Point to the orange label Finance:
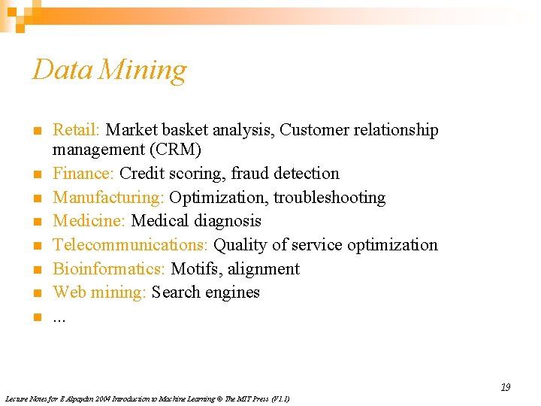pyautogui.click(x=83, y=174)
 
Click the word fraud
pyautogui.click(x=252, y=174)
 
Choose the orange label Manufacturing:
pyautogui.click(x=108, y=198)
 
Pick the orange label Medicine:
pyautogui.click(x=89, y=221)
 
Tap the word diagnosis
pyautogui.click(x=228, y=221)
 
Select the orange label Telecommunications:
pyautogui.click(x=131, y=245)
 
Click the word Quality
pyautogui.click(x=237, y=245)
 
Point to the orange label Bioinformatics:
pyautogui.click(x=110, y=269)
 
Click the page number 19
pyautogui.click(x=506, y=387)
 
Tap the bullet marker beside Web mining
pyautogui.click(x=36, y=293)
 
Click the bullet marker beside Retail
pyautogui.click(x=36, y=131)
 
